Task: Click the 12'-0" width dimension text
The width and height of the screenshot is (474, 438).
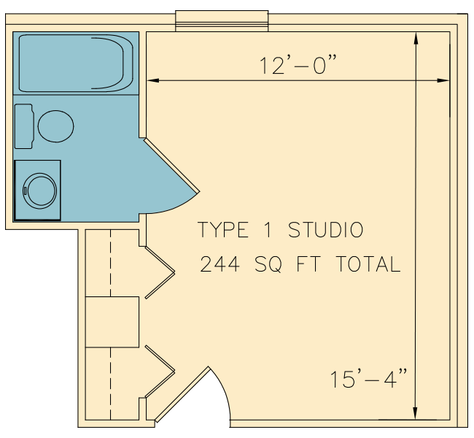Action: tap(298, 65)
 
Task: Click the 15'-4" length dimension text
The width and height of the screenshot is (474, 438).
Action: tap(368, 378)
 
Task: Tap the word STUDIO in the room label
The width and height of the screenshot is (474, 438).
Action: tap(325, 230)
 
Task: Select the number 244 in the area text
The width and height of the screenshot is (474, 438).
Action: tap(219, 264)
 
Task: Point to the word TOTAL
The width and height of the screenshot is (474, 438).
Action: tap(368, 264)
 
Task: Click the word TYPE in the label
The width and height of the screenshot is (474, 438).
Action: tap(223, 230)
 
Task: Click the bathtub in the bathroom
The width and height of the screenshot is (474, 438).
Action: tap(76, 63)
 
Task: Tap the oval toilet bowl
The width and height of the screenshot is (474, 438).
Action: tap(55, 126)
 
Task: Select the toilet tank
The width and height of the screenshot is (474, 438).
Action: tap(24, 126)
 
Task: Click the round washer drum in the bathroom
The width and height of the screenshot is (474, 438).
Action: tap(39, 191)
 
